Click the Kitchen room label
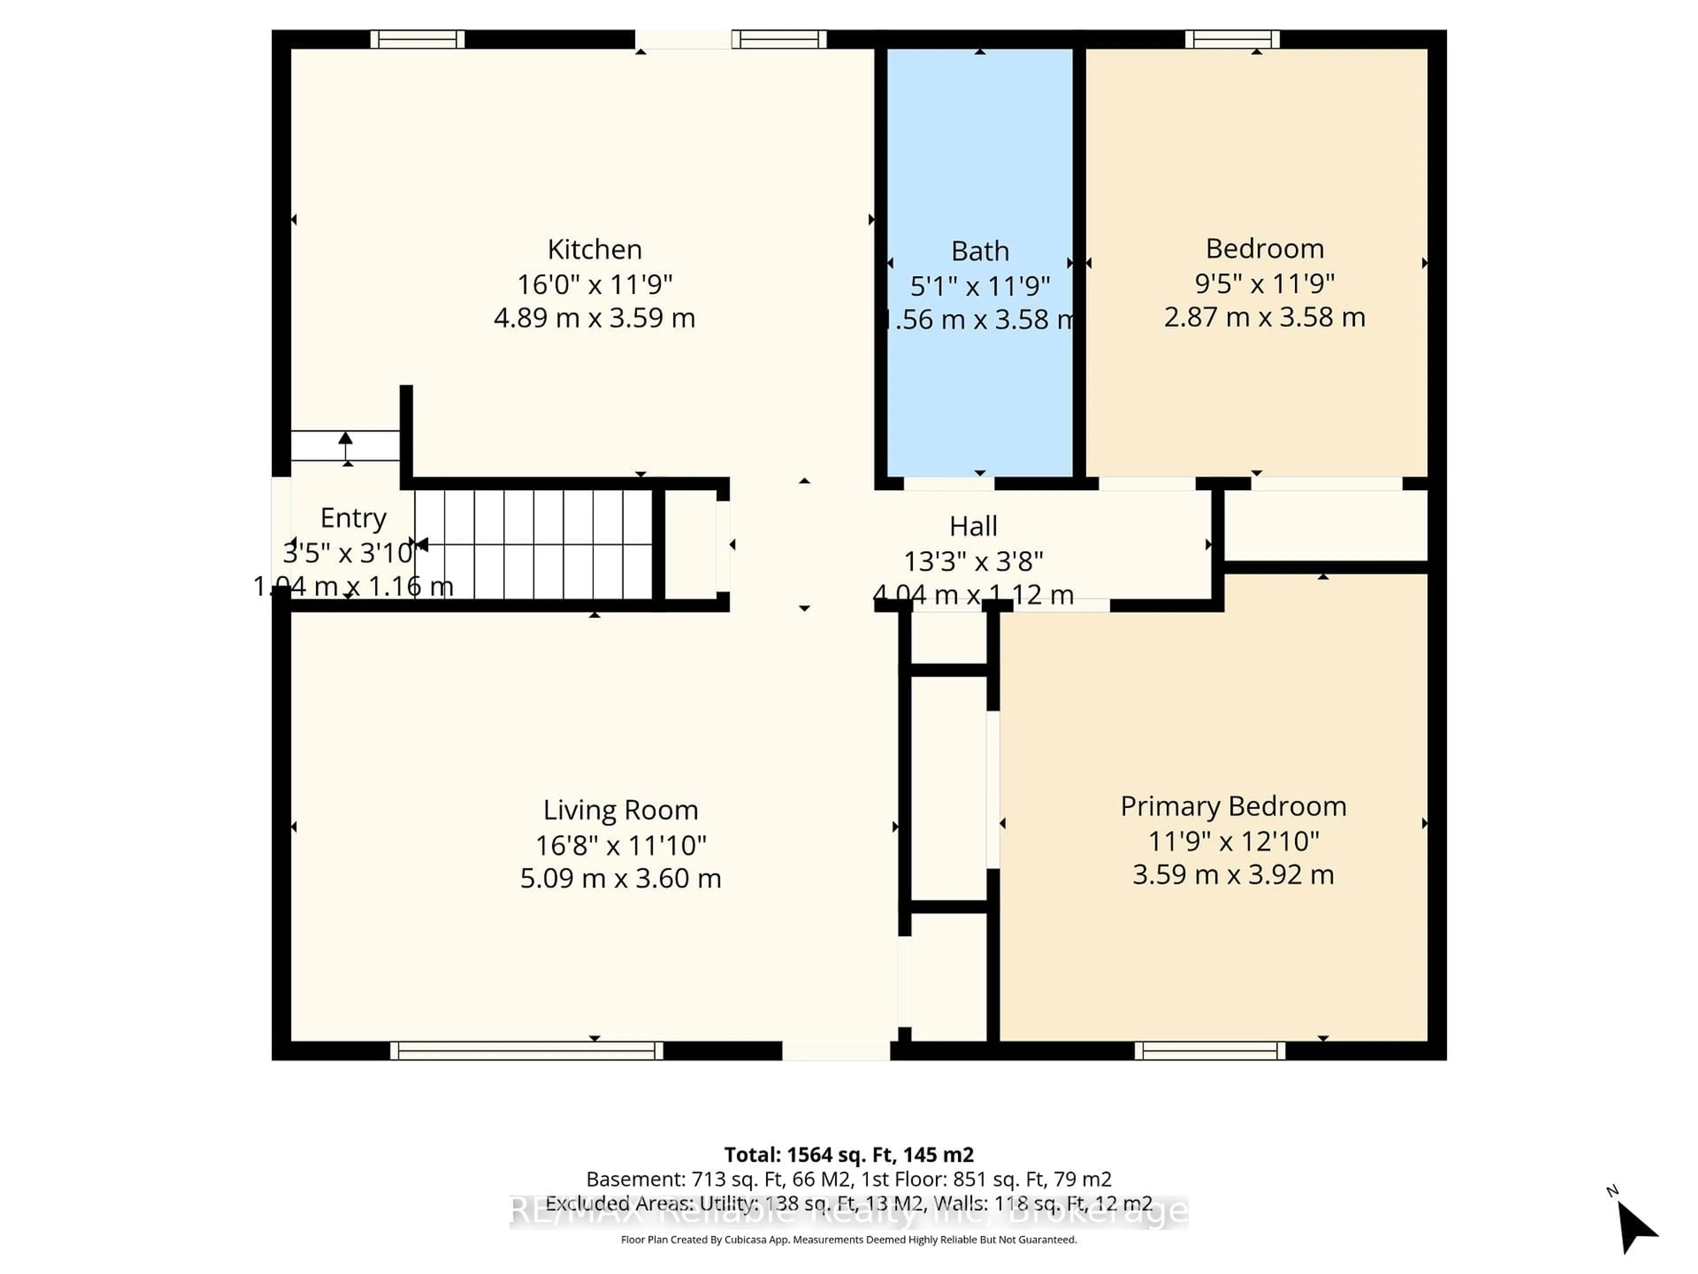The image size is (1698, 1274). (x=594, y=249)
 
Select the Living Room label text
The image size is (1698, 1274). (x=620, y=810)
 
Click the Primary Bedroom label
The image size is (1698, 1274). (x=1233, y=806)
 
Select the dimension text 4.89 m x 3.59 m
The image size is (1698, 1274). (x=594, y=318)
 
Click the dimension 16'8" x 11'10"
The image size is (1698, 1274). (x=620, y=845)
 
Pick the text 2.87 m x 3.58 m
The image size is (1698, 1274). (x=1264, y=317)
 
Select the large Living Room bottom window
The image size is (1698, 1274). (x=527, y=1051)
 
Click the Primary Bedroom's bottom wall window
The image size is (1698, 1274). (x=1210, y=1051)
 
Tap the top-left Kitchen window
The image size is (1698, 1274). (x=417, y=39)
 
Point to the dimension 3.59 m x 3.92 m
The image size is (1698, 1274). (x=1233, y=875)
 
